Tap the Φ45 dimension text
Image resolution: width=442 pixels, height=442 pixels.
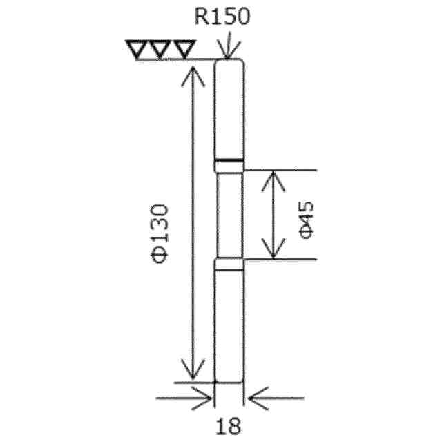[307, 220]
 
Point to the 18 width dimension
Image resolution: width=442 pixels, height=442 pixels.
[229, 425]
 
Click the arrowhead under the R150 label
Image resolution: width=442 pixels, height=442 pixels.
[229, 51]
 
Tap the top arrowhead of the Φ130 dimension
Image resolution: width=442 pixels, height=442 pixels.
[194, 75]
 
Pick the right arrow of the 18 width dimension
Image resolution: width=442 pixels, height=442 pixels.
[256, 398]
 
